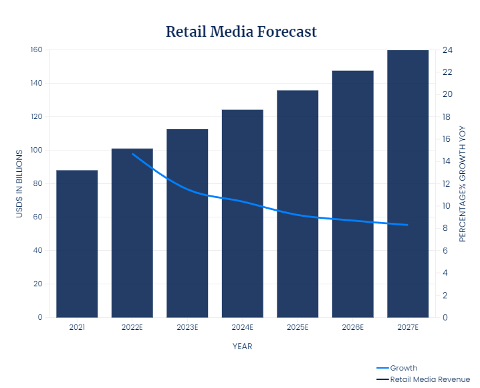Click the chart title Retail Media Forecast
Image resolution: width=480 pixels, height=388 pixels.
coord(241,31)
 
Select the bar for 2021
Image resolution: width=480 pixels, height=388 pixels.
coord(77,244)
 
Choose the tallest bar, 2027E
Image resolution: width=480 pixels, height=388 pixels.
coord(408,183)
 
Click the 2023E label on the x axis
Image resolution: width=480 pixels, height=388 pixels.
coord(187,328)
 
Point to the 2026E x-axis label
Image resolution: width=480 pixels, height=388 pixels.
coord(352,328)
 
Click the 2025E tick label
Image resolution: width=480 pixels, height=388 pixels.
coord(297,328)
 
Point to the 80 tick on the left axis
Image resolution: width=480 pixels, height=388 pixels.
coord(38,184)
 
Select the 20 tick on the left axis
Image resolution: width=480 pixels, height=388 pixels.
coord(38,284)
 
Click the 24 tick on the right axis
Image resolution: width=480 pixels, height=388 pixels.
coord(447,50)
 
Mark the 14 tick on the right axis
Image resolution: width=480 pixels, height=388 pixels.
coord(447,161)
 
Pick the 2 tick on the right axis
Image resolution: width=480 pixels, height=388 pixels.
coord(445,295)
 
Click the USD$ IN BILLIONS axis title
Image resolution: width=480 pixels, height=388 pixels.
coord(19,183)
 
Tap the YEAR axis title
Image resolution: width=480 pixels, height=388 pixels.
coord(242,347)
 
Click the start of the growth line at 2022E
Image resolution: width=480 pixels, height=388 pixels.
coord(132,154)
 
